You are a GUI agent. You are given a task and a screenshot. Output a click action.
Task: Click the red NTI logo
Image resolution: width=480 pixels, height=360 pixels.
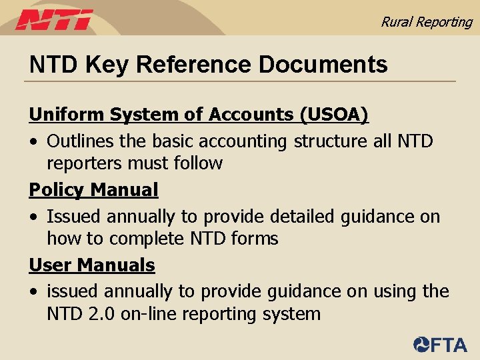[55, 20]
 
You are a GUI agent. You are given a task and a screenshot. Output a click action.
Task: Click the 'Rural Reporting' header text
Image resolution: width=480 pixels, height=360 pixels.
[426, 21]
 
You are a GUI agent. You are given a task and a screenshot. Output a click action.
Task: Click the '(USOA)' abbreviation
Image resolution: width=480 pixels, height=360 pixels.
[334, 115]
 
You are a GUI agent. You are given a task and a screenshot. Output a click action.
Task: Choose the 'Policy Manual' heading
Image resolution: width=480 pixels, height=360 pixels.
[93, 190]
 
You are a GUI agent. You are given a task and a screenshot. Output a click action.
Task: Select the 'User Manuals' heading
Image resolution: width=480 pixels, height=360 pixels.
[92, 265]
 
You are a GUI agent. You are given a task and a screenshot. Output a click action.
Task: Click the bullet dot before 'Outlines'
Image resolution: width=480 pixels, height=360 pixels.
[33, 142]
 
